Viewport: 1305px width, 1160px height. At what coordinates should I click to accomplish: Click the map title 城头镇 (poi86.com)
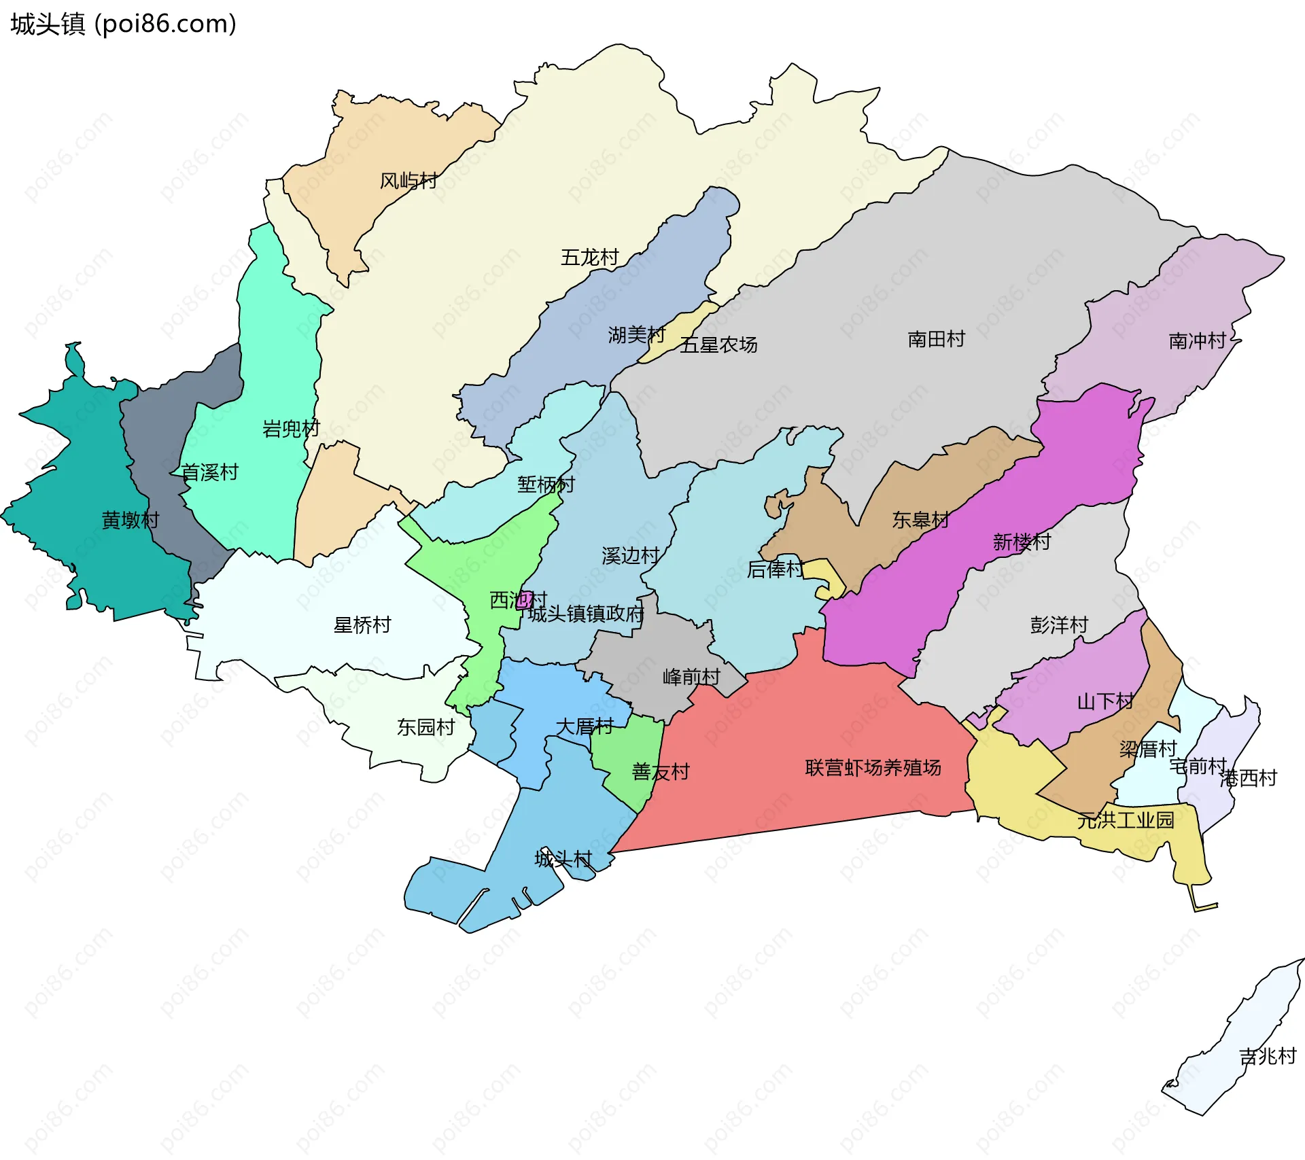click(x=123, y=24)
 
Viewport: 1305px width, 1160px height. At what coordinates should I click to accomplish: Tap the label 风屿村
click(x=408, y=181)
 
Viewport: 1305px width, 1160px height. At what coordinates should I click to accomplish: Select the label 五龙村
click(x=589, y=258)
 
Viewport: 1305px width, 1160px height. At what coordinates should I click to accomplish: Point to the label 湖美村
click(x=636, y=335)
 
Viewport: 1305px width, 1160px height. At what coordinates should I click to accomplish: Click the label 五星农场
click(x=718, y=345)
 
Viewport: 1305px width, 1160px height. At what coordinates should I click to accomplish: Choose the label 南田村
click(x=936, y=339)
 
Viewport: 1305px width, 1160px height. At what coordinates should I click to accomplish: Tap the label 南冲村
click(x=1197, y=341)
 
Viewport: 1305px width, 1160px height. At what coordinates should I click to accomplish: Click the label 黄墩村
click(x=130, y=521)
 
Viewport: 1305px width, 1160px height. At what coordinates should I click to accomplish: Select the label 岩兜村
click(x=290, y=429)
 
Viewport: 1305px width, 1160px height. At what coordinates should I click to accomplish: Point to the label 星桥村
click(x=362, y=625)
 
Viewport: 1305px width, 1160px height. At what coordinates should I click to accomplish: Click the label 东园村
click(x=425, y=728)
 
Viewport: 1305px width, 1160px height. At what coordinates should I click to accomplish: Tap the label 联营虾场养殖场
click(x=873, y=768)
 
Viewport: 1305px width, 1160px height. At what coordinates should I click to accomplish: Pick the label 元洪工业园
click(x=1126, y=820)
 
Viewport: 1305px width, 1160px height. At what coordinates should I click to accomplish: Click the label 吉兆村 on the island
click(x=1267, y=1056)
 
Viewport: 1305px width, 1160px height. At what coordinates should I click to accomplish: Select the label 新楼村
click(x=1021, y=542)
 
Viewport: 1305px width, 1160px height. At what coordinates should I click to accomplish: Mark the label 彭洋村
click(x=1058, y=625)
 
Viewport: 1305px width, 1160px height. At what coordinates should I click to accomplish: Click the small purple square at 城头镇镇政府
click(x=524, y=600)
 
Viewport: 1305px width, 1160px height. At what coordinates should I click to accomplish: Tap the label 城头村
click(x=563, y=859)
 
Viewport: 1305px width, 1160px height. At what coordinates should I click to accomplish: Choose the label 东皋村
click(x=920, y=521)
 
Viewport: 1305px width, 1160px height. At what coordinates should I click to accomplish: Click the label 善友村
click(x=660, y=772)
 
